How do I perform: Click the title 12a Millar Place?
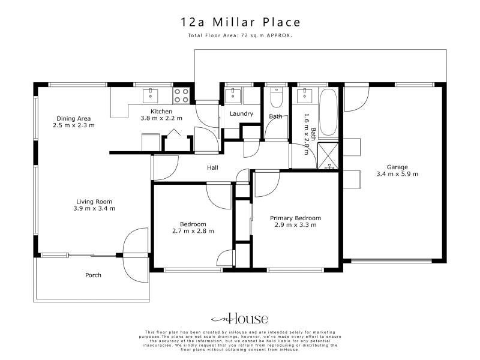click(x=241, y=22)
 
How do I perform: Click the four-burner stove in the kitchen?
click(x=181, y=95)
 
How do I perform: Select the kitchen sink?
click(x=151, y=95)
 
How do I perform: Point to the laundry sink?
click(x=233, y=95)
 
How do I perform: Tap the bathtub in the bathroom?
click(x=328, y=112)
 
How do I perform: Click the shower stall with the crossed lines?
click(x=328, y=156)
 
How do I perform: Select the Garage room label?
click(x=397, y=167)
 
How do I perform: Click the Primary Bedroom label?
click(x=295, y=218)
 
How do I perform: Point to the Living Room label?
click(x=94, y=202)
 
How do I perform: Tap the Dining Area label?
click(x=73, y=118)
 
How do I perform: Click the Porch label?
click(x=93, y=275)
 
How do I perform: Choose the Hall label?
click(x=212, y=167)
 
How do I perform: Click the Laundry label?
click(x=241, y=114)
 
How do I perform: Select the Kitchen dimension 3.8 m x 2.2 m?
click(x=161, y=118)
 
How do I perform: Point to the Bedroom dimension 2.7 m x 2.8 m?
click(x=193, y=231)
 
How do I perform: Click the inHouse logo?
click(x=240, y=319)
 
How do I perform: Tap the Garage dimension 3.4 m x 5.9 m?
click(x=397, y=174)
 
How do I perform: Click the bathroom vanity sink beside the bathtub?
click(x=305, y=95)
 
